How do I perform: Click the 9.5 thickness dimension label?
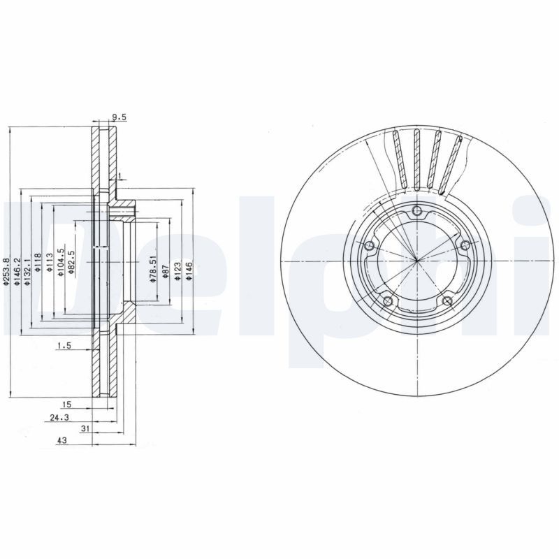[x=118, y=117]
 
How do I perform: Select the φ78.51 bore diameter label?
[x=152, y=268]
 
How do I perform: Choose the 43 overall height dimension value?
[x=61, y=442]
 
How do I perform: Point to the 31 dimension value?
[x=85, y=429]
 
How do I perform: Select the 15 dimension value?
[x=67, y=405]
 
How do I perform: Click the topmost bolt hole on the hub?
[x=417, y=212]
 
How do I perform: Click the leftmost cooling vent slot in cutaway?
[x=399, y=161]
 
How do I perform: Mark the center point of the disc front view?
[x=416, y=261]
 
